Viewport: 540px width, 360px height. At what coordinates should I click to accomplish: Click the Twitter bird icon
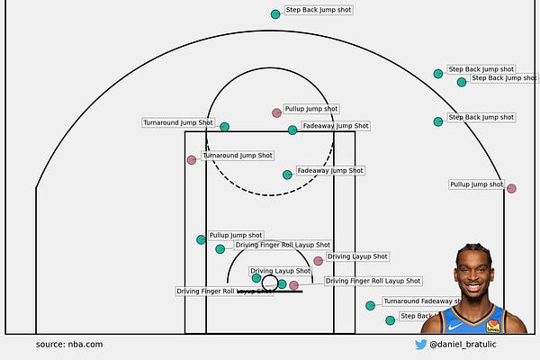tap(420, 344)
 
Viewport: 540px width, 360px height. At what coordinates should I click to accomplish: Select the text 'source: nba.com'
tap(69, 344)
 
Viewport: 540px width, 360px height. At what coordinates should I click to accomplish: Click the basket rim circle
tap(270, 282)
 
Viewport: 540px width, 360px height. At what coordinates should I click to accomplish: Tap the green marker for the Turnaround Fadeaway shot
tap(370, 306)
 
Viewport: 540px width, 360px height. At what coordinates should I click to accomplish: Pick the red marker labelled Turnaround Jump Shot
tap(192, 160)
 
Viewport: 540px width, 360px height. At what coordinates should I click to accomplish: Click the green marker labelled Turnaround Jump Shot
tap(225, 127)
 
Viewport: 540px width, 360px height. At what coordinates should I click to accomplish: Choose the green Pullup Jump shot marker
tap(202, 239)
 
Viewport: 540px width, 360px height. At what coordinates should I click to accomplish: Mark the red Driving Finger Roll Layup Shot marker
tap(293, 285)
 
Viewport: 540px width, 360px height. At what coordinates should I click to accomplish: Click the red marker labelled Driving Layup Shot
tap(319, 261)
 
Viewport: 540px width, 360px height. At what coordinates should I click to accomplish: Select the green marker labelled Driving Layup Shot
tap(256, 278)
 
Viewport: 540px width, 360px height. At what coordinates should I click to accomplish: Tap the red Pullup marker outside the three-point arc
tap(511, 189)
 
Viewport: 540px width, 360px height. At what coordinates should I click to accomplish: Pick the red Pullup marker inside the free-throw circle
tap(277, 113)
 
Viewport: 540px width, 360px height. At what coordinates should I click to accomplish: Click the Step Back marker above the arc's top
tap(275, 14)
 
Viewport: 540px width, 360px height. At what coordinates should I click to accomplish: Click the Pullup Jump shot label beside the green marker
tap(236, 235)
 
